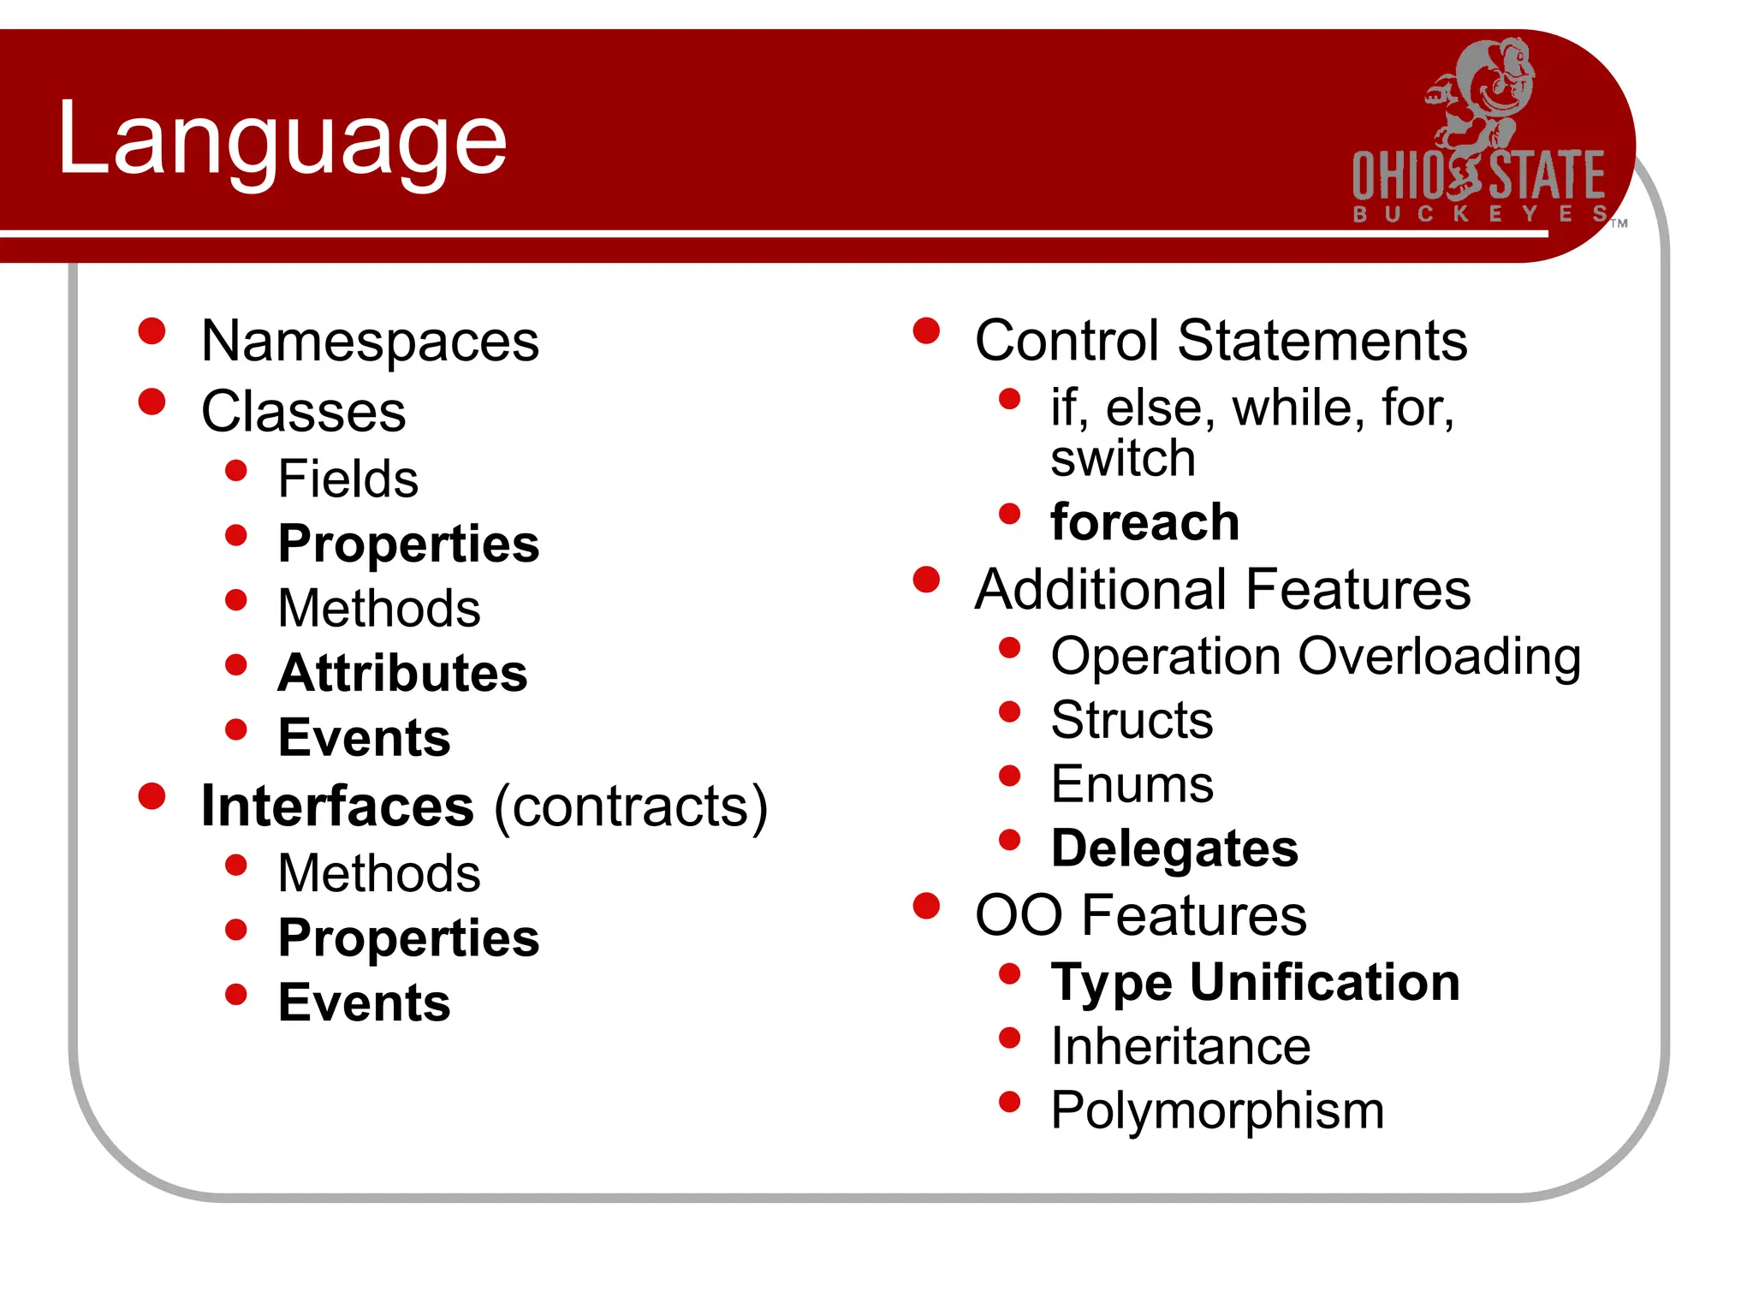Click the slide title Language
click(x=282, y=140)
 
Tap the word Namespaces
click(x=370, y=341)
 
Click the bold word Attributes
click(x=402, y=673)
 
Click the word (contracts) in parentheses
click(x=631, y=806)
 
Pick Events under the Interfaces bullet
click(x=364, y=1003)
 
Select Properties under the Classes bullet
click(x=408, y=544)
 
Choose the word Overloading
click(x=1439, y=657)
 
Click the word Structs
click(x=1131, y=719)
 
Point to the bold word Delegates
click(x=1174, y=848)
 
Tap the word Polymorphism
click(x=1216, y=1110)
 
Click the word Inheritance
click(x=1180, y=1046)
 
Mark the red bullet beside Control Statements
click(x=926, y=330)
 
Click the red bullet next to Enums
click(x=1010, y=776)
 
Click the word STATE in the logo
click(x=1547, y=176)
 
